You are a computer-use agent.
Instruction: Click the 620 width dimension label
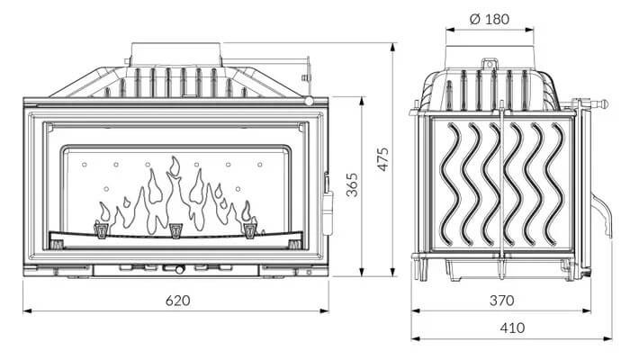[x=177, y=300]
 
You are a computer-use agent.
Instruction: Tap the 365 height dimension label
[x=352, y=184]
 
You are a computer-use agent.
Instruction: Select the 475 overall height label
[x=383, y=159]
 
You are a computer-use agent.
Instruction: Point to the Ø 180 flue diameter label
[x=490, y=19]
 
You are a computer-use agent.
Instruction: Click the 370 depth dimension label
[x=501, y=300]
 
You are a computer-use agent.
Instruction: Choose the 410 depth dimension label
[x=512, y=328]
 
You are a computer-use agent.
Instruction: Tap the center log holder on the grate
[x=176, y=230]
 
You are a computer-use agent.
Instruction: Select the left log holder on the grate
[x=101, y=229]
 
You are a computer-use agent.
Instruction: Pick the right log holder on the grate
[x=250, y=229]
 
